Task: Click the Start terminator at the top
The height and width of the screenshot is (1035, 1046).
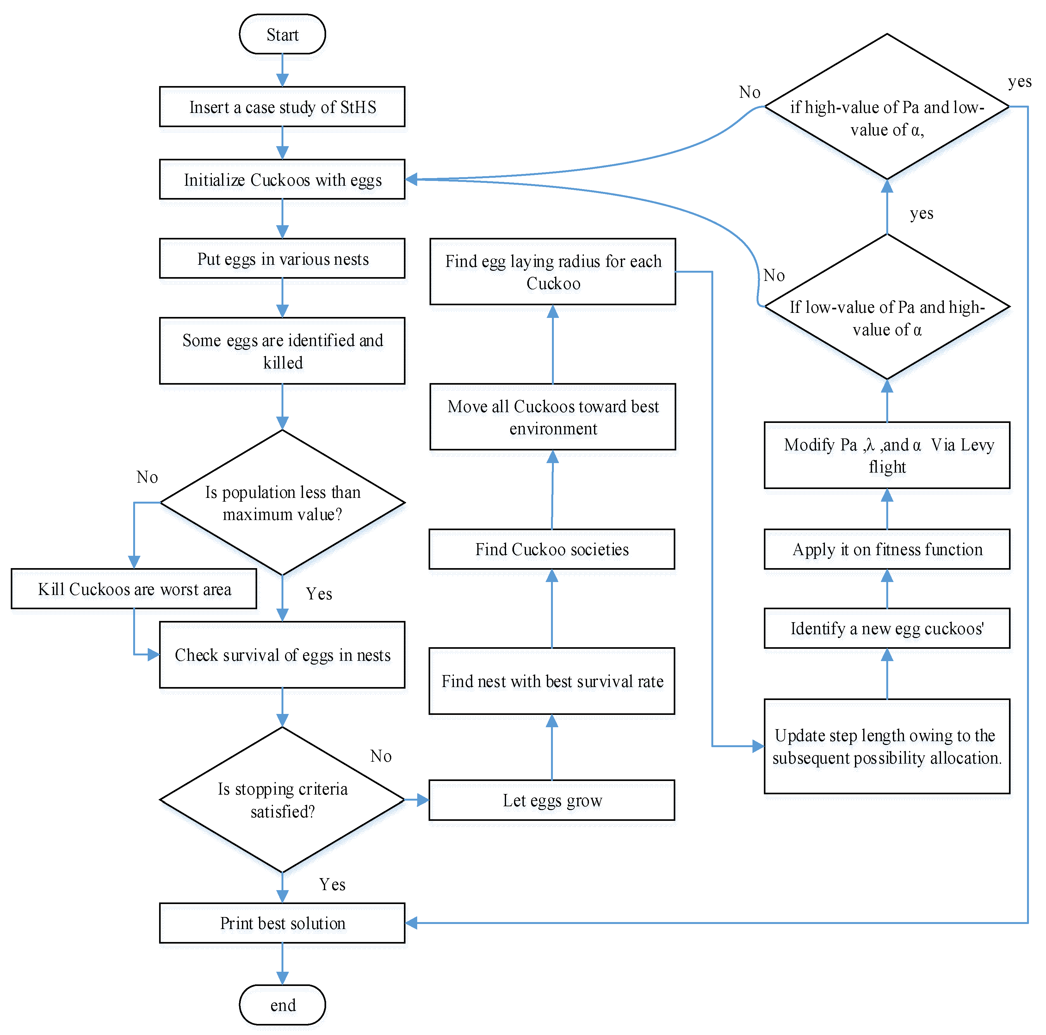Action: pyautogui.click(x=282, y=34)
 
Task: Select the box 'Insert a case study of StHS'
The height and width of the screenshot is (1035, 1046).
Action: pyautogui.click(x=282, y=107)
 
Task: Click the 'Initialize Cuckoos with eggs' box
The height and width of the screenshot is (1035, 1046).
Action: pyautogui.click(x=282, y=179)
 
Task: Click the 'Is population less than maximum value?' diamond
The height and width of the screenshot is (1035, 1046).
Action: pyautogui.click(x=282, y=502)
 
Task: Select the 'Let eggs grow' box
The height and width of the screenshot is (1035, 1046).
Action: pyautogui.click(x=552, y=800)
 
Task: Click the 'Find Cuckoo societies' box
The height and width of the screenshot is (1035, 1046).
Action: pyautogui.click(x=552, y=549)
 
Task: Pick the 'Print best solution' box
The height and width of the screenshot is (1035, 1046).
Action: pyautogui.click(x=282, y=922)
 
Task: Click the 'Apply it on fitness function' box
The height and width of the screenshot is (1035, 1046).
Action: pyautogui.click(x=887, y=549)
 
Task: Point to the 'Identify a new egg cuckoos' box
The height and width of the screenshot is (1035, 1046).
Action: pyautogui.click(x=887, y=628)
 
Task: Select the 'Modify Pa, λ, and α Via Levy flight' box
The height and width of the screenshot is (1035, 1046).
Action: pyautogui.click(x=887, y=455)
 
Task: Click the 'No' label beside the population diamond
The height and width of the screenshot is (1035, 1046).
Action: pyautogui.click(x=147, y=477)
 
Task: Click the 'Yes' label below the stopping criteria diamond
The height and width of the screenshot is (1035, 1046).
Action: pyautogui.click(x=332, y=884)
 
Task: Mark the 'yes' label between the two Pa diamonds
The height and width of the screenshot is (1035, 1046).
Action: pyautogui.click(x=921, y=213)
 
